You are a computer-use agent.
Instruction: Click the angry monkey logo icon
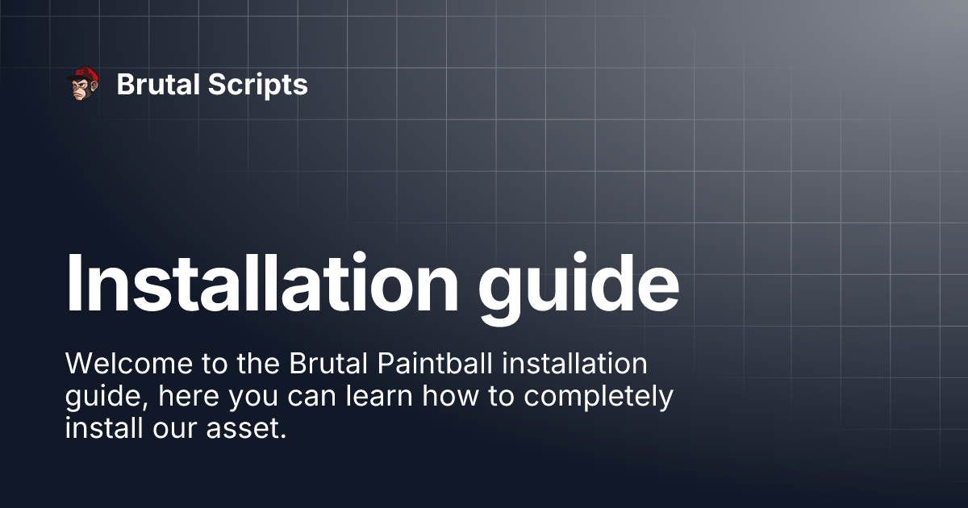(82, 85)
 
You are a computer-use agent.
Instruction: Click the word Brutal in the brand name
(154, 85)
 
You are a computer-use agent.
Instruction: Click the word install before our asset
(102, 428)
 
